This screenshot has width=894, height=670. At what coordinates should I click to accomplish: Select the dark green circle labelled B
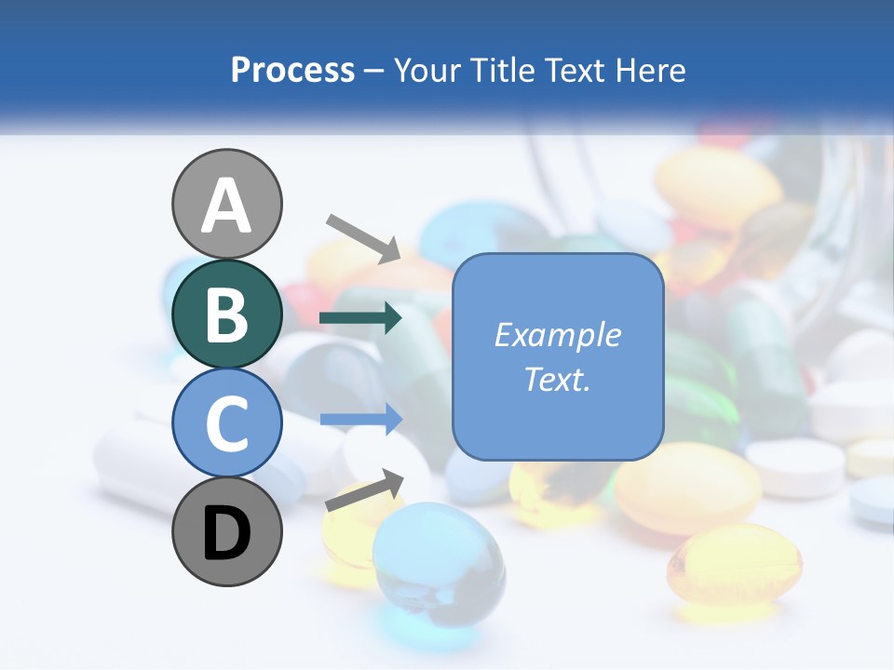(x=226, y=314)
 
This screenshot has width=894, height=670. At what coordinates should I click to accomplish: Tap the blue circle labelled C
(x=226, y=422)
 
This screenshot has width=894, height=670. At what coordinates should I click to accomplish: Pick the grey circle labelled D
(x=226, y=531)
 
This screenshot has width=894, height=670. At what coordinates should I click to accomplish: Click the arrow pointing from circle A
(x=363, y=238)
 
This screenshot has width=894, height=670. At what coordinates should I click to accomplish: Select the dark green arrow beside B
(x=360, y=318)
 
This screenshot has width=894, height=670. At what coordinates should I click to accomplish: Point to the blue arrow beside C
(x=360, y=420)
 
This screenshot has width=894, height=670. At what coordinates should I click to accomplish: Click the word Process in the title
(x=292, y=70)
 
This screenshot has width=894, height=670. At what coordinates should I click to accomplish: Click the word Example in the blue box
(x=557, y=335)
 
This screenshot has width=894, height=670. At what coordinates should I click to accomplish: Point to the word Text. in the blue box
(x=557, y=379)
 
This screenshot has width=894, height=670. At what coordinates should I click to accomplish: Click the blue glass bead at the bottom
(x=438, y=564)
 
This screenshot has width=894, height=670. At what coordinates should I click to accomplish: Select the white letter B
(x=226, y=314)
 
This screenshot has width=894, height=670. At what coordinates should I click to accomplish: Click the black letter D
(x=226, y=533)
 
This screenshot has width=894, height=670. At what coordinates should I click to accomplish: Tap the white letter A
(x=226, y=206)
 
